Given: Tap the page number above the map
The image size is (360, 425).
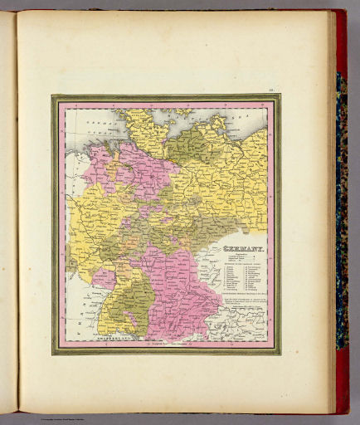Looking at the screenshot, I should [x=271, y=88].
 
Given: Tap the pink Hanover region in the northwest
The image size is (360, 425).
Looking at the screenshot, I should [x=124, y=166].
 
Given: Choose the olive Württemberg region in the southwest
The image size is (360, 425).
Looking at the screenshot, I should [x=126, y=307].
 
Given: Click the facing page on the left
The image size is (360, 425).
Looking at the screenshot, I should [x=8, y=216].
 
